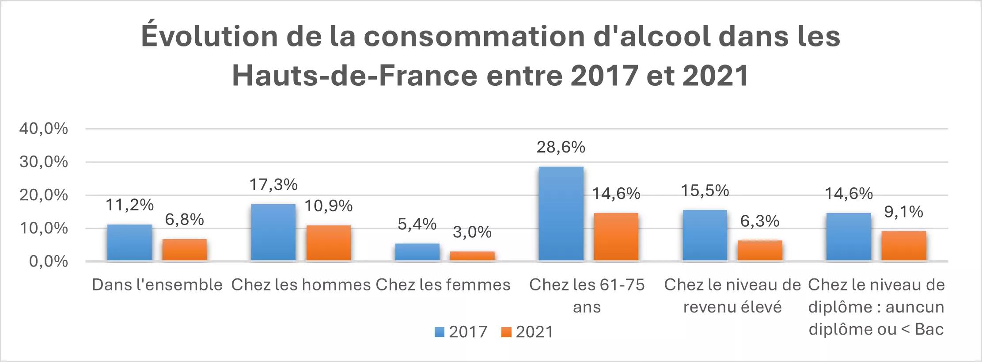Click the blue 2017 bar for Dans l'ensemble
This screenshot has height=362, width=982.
click(x=129, y=243)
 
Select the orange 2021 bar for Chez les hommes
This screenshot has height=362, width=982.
click(x=328, y=243)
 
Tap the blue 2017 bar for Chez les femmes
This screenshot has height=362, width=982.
click(x=417, y=252)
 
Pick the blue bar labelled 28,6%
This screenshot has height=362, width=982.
click(x=561, y=213)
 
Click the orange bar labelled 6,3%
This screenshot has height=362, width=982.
click(x=760, y=251)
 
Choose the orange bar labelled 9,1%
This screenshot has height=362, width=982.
click(x=903, y=246)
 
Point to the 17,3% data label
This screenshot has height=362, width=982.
click(x=273, y=185)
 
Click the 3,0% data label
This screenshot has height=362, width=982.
click(x=472, y=232)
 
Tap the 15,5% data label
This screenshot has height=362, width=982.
click(x=705, y=191)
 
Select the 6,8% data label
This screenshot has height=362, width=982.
click(x=184, y=219)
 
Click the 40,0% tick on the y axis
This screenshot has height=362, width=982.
click(x=43, y=129)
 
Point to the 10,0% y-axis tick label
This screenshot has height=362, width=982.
click(x=43, y=229)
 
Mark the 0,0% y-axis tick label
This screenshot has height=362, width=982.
click(x=49, y=262)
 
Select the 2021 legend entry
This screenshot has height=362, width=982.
click(x=528, y=332)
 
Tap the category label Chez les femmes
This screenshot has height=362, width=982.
click(x=443, y=285)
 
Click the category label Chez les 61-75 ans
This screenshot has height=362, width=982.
click(x=587, y=295)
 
